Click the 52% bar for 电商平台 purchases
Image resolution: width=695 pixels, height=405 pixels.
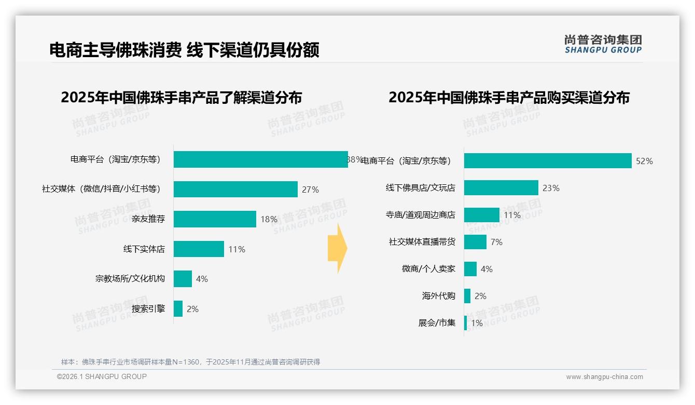click(548, 161)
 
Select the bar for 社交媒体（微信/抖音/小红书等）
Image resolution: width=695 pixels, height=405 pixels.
click(235, 190)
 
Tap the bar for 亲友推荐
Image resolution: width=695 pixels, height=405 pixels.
click(215, 219)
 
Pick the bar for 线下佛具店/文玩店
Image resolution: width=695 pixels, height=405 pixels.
click(501, 188)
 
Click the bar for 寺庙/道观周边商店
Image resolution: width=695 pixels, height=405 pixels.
click(482, 215)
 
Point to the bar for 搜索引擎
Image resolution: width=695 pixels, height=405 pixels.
click(178, 309)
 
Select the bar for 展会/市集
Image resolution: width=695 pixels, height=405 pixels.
click(465, 323)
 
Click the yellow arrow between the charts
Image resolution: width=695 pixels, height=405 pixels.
click(337, 249)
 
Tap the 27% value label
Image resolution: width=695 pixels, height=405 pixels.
click(310, 190)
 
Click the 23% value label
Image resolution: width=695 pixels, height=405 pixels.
click(551, 188)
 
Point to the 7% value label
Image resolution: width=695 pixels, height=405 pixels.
click(496, 242)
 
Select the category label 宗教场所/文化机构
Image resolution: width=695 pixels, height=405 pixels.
click(130, 279)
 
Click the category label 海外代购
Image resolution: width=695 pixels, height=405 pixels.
click(439, 296)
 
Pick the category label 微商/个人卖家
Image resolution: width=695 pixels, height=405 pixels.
click(429, 269)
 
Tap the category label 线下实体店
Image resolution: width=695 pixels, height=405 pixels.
click(144, 249)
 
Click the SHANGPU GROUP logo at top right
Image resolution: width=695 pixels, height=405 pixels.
click(603, 44)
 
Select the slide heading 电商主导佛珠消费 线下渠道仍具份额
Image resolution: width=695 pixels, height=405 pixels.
click(184, 50)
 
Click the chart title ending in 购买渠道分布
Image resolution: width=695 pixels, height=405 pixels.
click(509, 98)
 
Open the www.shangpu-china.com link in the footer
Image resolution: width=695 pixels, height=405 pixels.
click(604, 377)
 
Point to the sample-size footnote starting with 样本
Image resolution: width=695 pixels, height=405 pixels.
click(190, 362)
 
